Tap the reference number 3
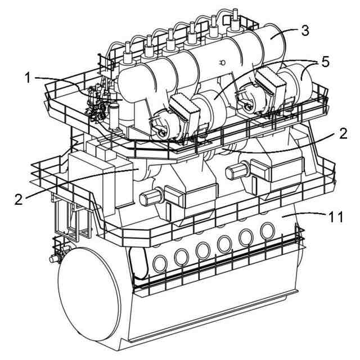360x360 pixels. tap(304, 30)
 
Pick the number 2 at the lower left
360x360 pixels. tap(19, 199)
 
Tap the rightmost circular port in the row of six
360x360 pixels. tap(267, 229)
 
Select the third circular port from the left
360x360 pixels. tap(203, 249)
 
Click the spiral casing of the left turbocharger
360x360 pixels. tap(160, 127)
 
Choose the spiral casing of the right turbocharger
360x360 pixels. tap(247, 98)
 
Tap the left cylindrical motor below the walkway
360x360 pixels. tap(150, 197)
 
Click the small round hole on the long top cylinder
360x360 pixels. tap(222, 62)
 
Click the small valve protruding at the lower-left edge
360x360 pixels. tap(53, 259)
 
